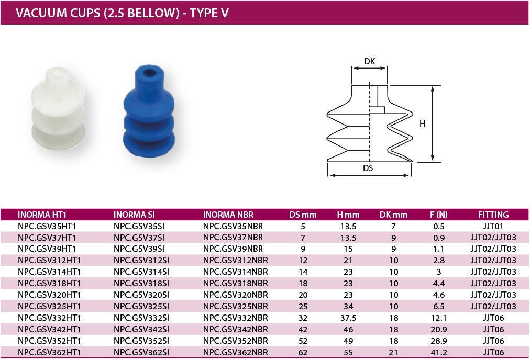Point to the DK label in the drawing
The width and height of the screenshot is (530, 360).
click(369, 61)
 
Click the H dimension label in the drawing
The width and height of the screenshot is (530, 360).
click(422, 124)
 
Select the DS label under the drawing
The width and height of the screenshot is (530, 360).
click(368, 168)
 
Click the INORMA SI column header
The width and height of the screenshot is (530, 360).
click(134, 215)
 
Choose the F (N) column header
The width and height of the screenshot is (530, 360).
click(439, 215)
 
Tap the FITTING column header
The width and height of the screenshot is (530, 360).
click(493, 215)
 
